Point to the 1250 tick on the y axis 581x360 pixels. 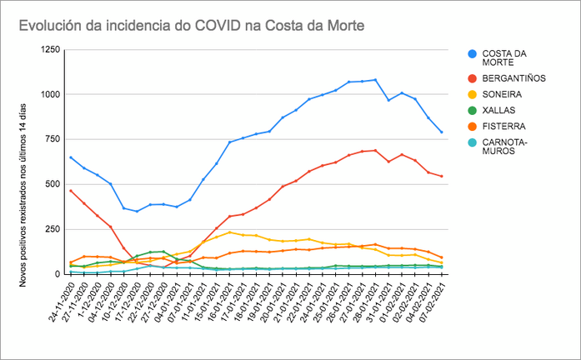coord(49,50)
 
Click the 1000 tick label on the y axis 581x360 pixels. coord(49,94)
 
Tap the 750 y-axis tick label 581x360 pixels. coord(52,139)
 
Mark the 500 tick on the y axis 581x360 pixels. coord(52,183)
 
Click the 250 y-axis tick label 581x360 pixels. coord(52,228)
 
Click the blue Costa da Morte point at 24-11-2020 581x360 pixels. coord(71,157)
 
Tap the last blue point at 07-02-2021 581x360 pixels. coord(441,132)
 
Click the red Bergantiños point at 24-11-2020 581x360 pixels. coord(71,191)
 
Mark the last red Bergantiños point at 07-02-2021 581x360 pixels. coord(441,176)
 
